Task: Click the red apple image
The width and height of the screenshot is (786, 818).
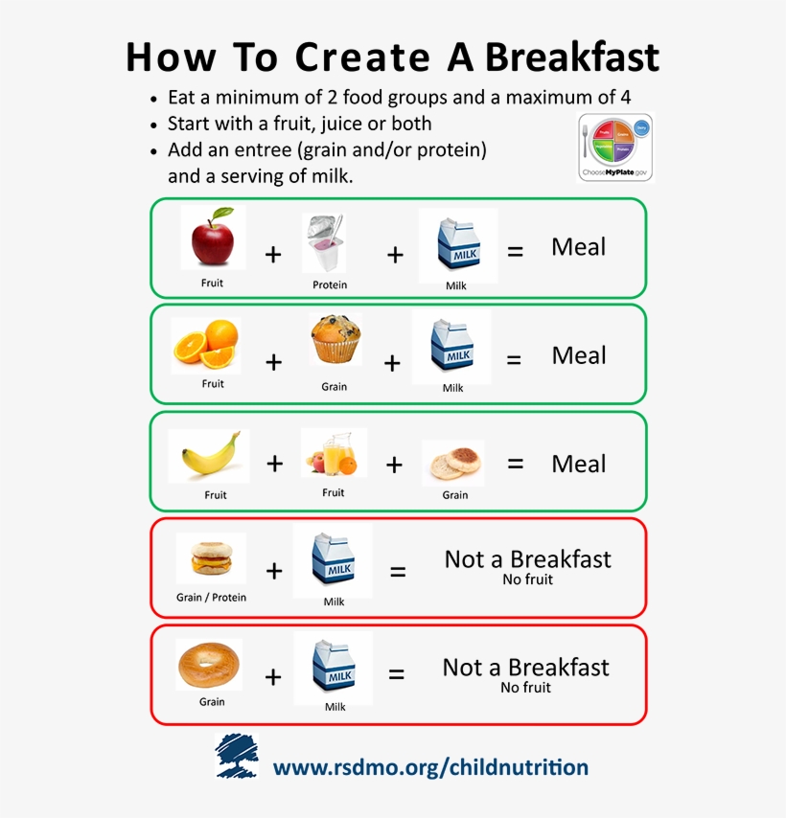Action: tap(212, 239)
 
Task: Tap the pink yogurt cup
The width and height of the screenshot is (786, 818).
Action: tap(325, 243)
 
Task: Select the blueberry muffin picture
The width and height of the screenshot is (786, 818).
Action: tap(335, 341)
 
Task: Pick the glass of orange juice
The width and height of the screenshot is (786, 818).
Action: tap(333, 453)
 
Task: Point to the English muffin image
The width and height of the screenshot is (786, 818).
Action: tap(452, 464)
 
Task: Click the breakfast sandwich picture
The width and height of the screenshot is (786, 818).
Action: tap(211, 558)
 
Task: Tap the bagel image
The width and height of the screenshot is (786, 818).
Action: tap(209, 664)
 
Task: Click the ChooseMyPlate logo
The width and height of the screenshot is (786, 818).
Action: tap(614, 147)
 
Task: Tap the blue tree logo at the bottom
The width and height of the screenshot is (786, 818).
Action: tap(236, 755)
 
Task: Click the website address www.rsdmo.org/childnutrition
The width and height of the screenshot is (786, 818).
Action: tap(430, 767)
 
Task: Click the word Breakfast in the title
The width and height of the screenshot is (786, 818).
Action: tap(572, 57)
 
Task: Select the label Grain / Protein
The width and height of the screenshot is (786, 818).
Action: tap(211, 598)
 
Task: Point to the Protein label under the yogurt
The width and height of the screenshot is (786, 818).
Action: tap(330, 284)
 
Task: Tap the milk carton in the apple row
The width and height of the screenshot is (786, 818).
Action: tap(457, 245)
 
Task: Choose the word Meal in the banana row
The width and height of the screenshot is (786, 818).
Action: tap(578, 464)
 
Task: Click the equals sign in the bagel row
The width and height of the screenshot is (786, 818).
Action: tap(396, 674)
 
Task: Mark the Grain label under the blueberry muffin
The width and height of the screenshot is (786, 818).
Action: tap(335, 387)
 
